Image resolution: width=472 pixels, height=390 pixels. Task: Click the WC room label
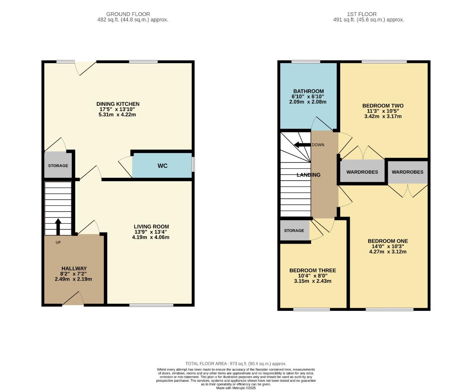click(x=163, y=166)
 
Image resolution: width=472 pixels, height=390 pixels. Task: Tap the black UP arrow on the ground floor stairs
click(x=58, y=226)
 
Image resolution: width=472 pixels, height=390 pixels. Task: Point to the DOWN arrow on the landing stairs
click(x=302, y=145)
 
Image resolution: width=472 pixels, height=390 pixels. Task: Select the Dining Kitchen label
click(x=118, y=104)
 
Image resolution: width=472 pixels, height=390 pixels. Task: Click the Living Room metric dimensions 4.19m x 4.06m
click(x=151, y=237)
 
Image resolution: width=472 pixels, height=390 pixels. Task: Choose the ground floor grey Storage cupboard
click(x=58, y=165)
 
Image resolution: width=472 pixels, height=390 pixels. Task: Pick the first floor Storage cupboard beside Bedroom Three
click(x=294, y=230)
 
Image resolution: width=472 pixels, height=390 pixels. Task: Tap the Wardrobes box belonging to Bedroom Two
click(x=362, y=172)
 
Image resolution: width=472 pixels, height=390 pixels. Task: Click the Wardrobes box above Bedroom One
click(x=407, y=172)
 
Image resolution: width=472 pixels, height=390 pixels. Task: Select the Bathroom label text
click(x=308, y=91)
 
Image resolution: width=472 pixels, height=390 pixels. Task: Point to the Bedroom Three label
click(x=313, y=270)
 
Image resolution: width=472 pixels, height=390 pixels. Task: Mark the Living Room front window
click(x=151, y=305)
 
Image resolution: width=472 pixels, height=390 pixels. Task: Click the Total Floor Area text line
click(x=236, y=364)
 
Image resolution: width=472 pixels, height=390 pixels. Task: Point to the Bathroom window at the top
click(x=306, y=62)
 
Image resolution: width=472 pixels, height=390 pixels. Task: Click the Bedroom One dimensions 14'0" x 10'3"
click(x=388, y=246)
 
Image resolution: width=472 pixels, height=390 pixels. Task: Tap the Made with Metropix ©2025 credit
click(x=236, y=388)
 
